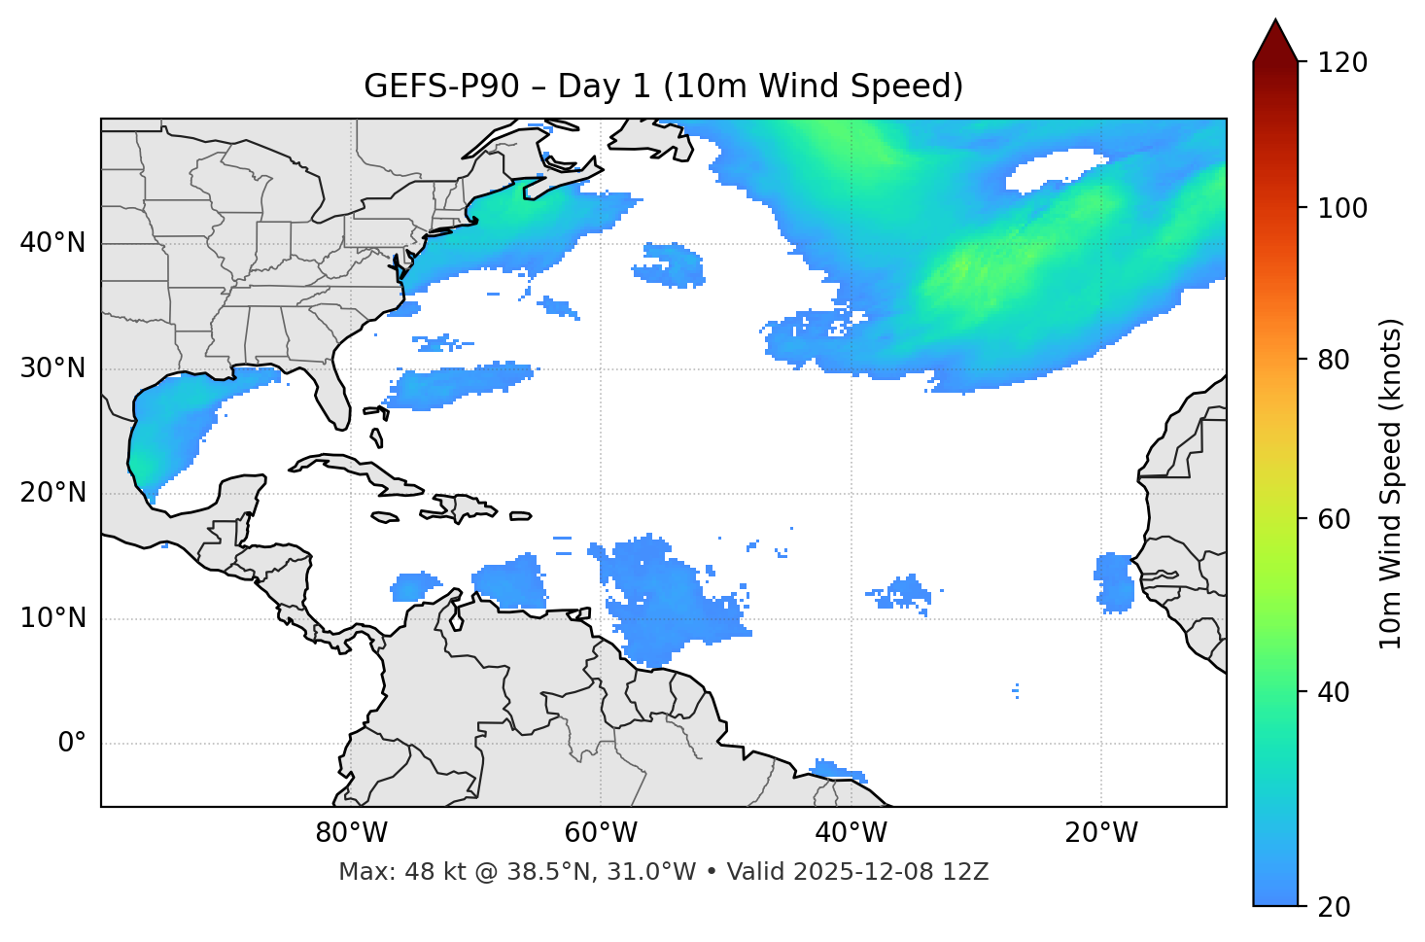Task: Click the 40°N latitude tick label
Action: pyautogui.click(x=52, y=243)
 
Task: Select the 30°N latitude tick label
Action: pyautogui.click(x=52, y=368)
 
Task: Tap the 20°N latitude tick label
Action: pyautogui.click(x=52, y=493)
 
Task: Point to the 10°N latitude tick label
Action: pyautogui.click(x=52, y=618)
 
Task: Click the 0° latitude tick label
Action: pyautogui.click(x=72, y=744)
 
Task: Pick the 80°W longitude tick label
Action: pyautogui.click(x=351, y=833)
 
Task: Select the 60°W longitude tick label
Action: pyautogui.click(x=601, y=833)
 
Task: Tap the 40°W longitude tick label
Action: pyautogui.click(x=851, y=833)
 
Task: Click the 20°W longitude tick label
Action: pyautogui.click(x=1100, y=833)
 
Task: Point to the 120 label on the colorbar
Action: pyautogui.click(x=1342, y=63)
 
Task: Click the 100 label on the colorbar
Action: pyautogui.click(x=1342, y=208)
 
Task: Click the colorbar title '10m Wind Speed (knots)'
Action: pyautogui.click(x=1391, y=484)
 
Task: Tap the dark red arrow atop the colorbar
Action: pyautogui.click(x=1275, y=41)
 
